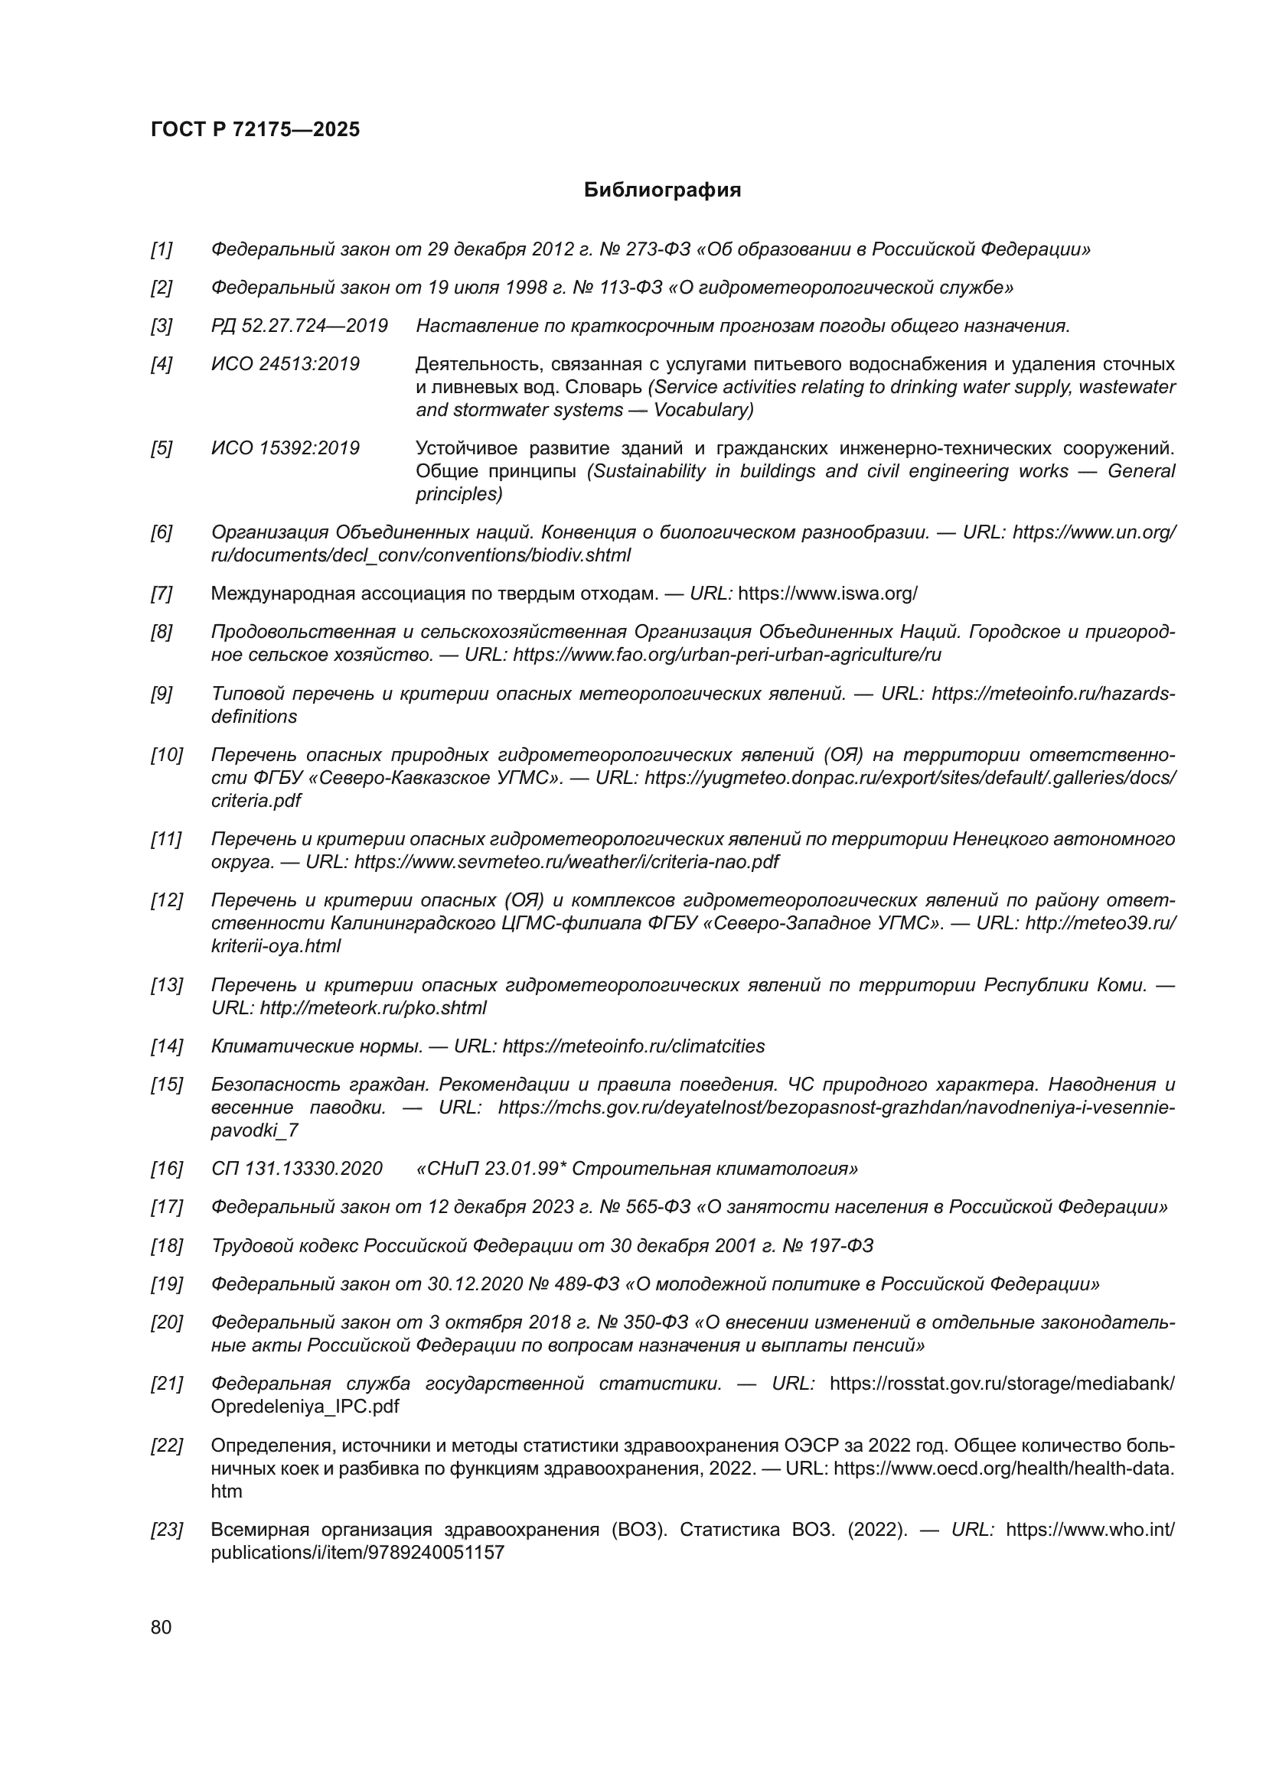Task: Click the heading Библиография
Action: (x=662, y=190)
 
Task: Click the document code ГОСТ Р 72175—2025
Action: (x=255, y=129)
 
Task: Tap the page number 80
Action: (x=162, y=1627)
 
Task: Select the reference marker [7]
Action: (x=162, y=594)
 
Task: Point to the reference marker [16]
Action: (x=166, y=1169)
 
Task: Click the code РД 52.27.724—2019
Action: (x=299, y=326)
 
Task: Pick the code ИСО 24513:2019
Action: (x=286, y=364)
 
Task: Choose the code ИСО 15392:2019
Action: (x=286, y=448)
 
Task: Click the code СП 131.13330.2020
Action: (x=297, y=1169)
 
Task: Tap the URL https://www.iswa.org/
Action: (x=827, y=594)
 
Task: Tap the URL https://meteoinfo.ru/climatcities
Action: (x=634, y=1046)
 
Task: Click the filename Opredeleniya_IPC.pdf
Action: (x=305, y=1407)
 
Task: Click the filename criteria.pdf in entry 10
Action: (x=256, y=800)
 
